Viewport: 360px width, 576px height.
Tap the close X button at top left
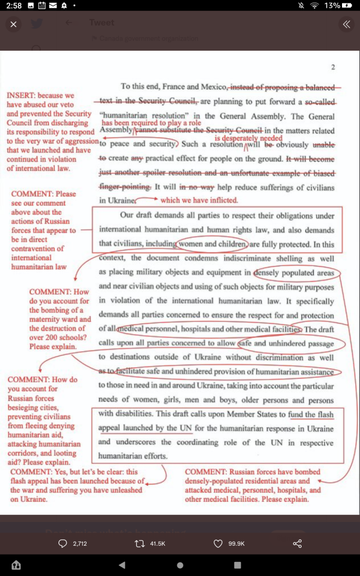pyautogui.click(x=13, y=24)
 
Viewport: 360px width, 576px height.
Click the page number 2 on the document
pyautogui.click(x=333, y=67)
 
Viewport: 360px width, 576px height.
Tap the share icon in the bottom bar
pyautogui.click(x=298, y=543)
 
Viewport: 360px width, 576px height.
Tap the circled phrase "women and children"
pyautogui.click(x=211, y=244)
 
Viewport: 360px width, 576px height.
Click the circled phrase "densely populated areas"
pyautogui.click(x=296, y=273)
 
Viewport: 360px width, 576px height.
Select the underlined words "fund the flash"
pyautogui.click(x=310, y=415)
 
